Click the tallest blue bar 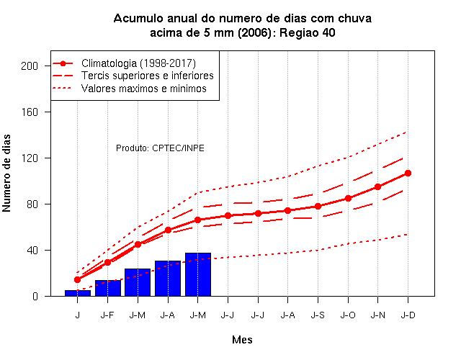click(x=198, y=274)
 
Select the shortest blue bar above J click(x=78, y=293)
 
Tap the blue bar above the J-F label click(x=108, y=288)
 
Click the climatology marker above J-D click(x=408, y=173)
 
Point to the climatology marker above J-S click(x=318, y=207)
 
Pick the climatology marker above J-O click(x=348, y=199)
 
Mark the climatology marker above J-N click(x=377, y=186)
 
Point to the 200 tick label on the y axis click(x=30, y=66)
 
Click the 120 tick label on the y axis click(x=30, y=158)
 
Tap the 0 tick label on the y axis click(x=35, y=296)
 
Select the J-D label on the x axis click(x=408, y=315)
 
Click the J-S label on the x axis click(x=318, y=315)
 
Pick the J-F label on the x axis click(x=107, y=315)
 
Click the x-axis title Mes click(x=242, y=340)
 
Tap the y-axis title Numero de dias click(x=6, y=173)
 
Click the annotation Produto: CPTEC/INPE click(x=160, y=148)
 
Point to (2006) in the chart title click(x=254, y=32)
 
